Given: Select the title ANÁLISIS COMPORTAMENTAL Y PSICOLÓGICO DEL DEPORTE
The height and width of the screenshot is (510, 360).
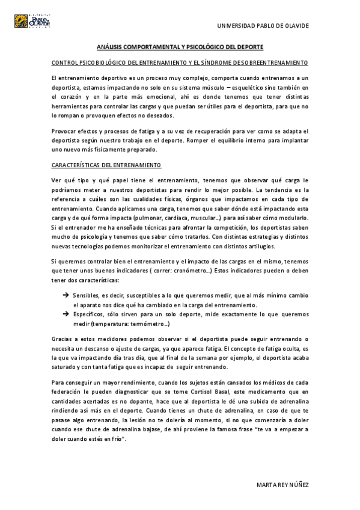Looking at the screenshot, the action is [180, 47].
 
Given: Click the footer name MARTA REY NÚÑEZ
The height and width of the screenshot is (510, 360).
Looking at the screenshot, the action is [282, 485].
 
